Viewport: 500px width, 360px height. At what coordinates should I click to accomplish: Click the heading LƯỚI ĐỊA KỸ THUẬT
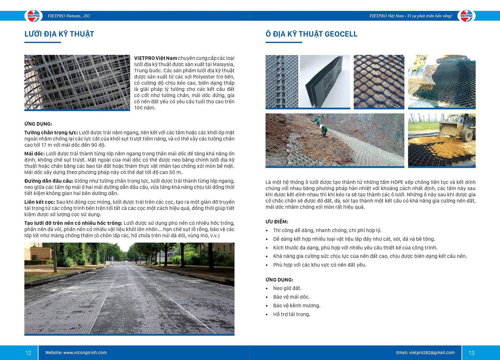pyautogui.click(x=59, y=34)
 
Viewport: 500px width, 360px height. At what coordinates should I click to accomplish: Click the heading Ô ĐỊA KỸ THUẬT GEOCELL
pyautogui.click(x=311, y=34)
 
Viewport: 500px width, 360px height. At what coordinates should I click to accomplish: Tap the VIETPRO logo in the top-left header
pyautogui.click(x=33, y=16)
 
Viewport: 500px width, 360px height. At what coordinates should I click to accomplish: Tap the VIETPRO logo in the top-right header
pyautogui.click(x=466, y=16)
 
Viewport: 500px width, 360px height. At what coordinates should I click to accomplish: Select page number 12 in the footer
pyautogui.click(x=28, y=353)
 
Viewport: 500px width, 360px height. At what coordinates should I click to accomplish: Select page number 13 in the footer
pyautogui.click(x=472, y=353)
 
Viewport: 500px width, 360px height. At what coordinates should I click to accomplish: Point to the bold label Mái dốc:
pyautogui.click(x=34, y=154)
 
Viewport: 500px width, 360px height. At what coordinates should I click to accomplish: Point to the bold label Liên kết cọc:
pyautogui.click(x=40, y=202)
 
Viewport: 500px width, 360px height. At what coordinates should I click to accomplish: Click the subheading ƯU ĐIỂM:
pyautogui.click(x=277, y=222)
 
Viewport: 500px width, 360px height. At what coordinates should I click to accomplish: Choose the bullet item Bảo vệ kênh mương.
pyautogui.click(x=297, y=306)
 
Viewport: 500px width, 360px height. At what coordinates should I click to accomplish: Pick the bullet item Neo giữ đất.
pyautogui.click(x=287, y=288)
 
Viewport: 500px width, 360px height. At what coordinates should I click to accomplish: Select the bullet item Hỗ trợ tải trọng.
pyautogui.click(x=292, y=314)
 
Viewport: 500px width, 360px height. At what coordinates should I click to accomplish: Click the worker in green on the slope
pyautogui.click(x=324, y=130)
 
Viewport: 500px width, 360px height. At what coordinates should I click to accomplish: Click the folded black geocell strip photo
pyautogui.click(x=325, y=81)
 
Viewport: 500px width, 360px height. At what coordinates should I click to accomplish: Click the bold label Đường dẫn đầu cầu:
pyautogui.click(x=49, y=181)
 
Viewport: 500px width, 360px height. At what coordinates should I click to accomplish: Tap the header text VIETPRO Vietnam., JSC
pyautogui.click(x=69, y=16)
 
